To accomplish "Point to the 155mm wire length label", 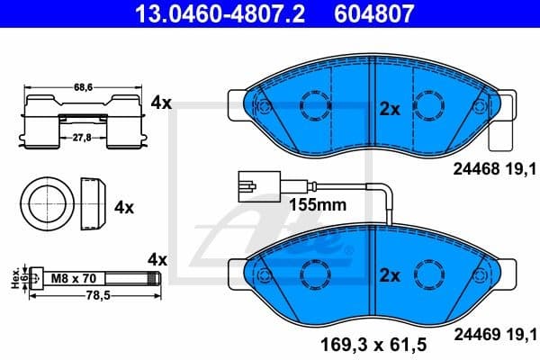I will click(317, 204).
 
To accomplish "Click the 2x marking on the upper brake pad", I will click(389, 109).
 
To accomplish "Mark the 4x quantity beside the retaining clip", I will click(161, 103).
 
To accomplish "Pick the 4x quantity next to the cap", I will click(123, 207).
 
